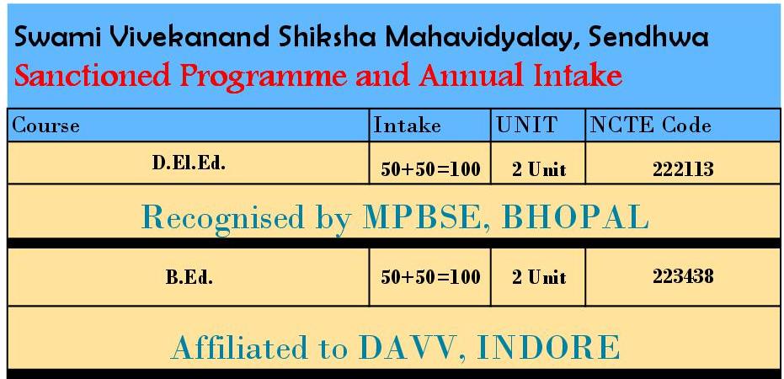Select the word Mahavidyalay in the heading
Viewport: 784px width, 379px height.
[x=477, y=39]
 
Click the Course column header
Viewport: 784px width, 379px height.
[x=45, y=125]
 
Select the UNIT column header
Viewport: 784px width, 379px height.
[x=526, y=125]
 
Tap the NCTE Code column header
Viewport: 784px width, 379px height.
[x=650, y=125]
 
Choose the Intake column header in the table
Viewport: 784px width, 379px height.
[x=408, y=125]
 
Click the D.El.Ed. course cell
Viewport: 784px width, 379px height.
[x=189, y=163]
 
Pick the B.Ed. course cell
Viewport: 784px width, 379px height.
[x=189, y=277]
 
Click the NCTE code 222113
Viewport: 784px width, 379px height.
[x=683, y=170]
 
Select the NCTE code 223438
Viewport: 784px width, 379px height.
[x=683, y=276]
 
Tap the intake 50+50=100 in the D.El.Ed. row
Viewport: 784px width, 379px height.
[x=430, y=170]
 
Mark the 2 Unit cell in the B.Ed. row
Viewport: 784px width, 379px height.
[x=539, y=277]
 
